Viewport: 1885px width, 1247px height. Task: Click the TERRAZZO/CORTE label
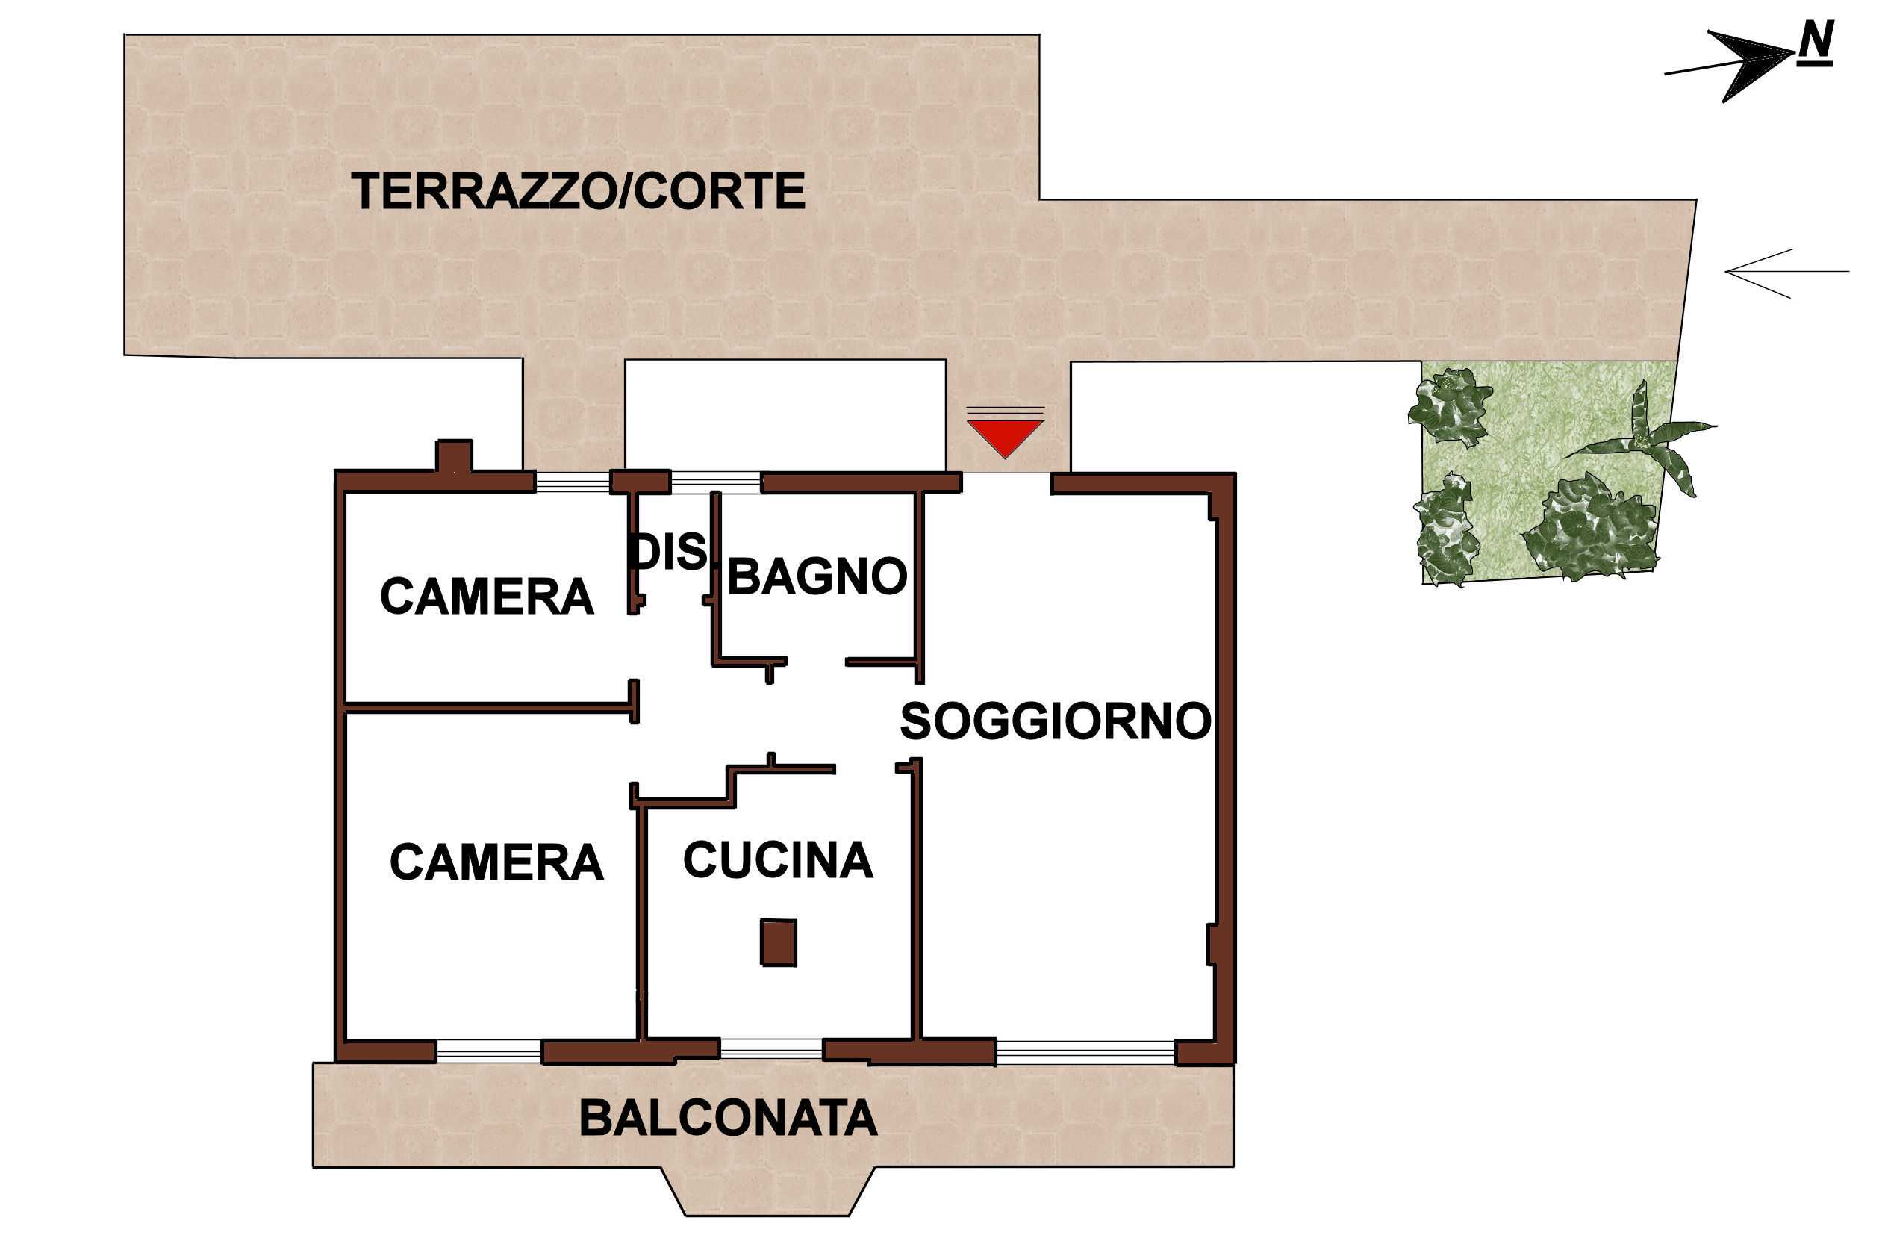[x=579, y=192]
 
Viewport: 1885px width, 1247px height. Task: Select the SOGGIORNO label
[x=1055, y=721]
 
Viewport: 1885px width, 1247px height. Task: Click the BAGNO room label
[x=817, y=576]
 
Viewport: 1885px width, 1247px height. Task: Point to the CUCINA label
[x=779, y=859]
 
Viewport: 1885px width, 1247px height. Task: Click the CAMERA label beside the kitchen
[x=497, y=862]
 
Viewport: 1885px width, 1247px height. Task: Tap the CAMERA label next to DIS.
[x=487, y=597]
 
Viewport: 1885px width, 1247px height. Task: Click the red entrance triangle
[x=1005, y=437]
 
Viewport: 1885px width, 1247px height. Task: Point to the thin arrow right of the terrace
[x=1787, y=273]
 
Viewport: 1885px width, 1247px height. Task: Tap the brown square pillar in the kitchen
[x=779, y=942]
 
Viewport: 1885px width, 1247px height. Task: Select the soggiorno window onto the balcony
[x=1085, y=1052]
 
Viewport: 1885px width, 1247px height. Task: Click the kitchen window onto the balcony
[x=771, y=1049]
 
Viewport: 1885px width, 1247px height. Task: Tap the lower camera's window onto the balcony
[x=489, y=1051]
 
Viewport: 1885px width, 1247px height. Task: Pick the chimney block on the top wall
[x=454, y=455]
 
